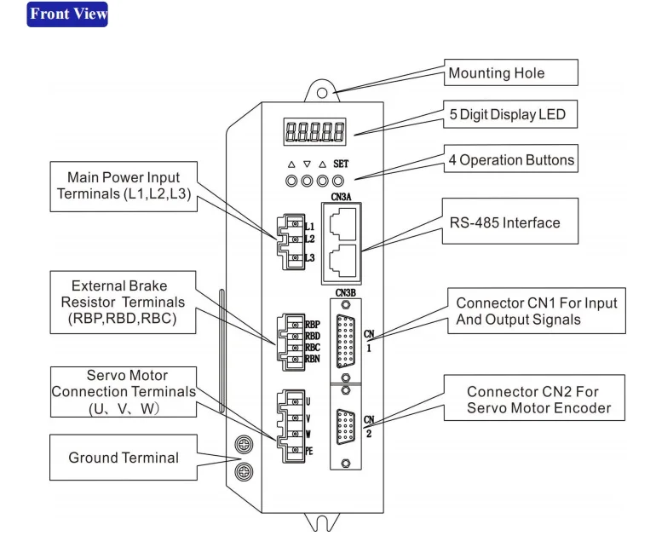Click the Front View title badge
(x=68, y=14)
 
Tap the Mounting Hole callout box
(x=511, y=73)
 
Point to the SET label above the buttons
(x=341, y=164)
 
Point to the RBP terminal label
(x=313, y=325)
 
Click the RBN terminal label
(x=313, y=359)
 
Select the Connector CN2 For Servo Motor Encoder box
(x=538, y=400)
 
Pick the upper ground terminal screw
(x=242, y=443)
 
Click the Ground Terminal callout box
(x=124, y=458)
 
